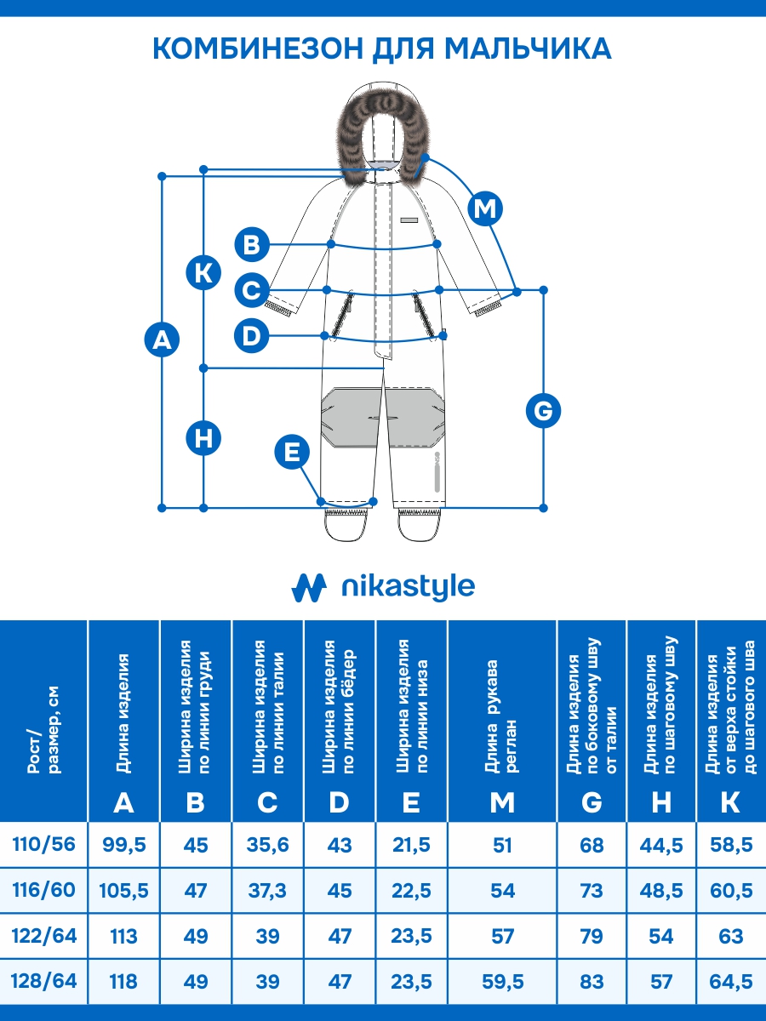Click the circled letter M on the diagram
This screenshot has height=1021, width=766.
coord(486,208)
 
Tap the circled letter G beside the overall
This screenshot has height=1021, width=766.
coord(543,412)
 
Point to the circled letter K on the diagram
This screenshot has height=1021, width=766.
coord(203,273)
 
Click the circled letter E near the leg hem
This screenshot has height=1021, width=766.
coord(292,452)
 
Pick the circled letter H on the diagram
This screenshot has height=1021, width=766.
coord(203,438)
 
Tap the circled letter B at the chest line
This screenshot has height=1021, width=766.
coord(252,245)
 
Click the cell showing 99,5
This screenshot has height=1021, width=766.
coord(124,845)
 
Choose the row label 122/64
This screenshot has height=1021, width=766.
coord(44,936)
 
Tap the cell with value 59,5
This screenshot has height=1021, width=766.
coord(503,982)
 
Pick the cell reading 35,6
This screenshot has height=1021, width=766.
coord(267,845)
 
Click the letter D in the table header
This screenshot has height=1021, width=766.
coord(340,801)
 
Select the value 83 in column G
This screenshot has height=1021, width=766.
coord(592,982)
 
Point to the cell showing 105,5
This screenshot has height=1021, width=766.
coord(124,891)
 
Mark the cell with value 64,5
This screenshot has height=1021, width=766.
coord(730,982)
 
